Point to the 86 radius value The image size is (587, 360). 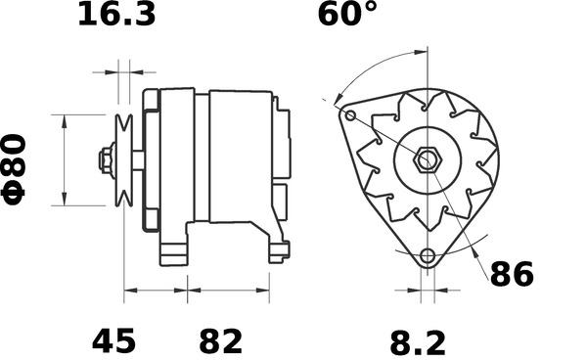coord(512,275)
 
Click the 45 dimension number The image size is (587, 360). coord(113,341)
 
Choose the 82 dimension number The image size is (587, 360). coord(220,341)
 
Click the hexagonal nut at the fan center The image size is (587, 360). coord(427,159)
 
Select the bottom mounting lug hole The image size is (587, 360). coord(427,256)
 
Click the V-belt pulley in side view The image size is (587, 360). coord(123,159)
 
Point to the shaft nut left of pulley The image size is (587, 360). coord(104,159)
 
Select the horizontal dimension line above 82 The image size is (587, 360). coord(228,290)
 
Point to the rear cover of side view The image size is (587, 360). coord(282,157)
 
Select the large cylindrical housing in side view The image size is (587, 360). coord(240,157)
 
